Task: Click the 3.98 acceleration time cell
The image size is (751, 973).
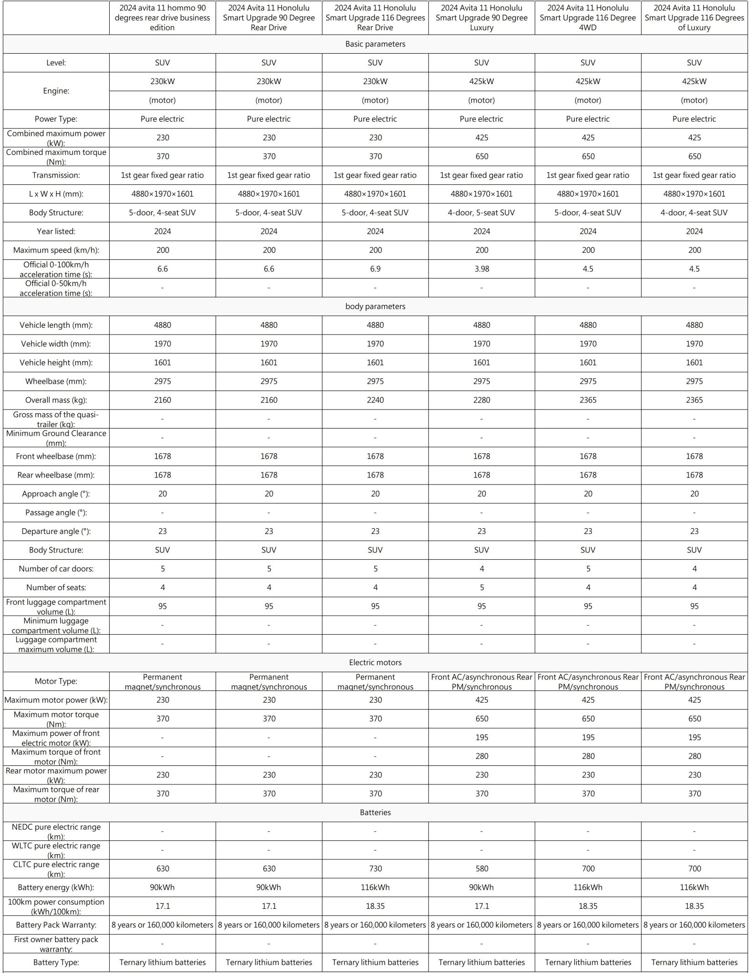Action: coord(481,269)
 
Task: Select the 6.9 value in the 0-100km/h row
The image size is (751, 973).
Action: coord(375,269)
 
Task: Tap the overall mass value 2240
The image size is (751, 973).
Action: coord(375,400)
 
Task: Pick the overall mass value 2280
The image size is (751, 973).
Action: coord(481,400)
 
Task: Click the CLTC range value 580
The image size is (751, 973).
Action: coord(481,868)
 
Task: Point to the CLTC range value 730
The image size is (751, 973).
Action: coord(375,868)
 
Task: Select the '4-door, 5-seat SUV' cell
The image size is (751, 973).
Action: coord(481,213)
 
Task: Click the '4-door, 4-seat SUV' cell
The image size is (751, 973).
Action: coord(694,213)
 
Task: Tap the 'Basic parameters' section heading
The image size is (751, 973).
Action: coord(375,44)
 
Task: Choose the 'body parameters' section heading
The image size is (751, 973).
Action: coord(375,306)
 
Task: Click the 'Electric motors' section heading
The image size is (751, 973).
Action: coord(375,662)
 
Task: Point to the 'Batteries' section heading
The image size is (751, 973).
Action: coord(375,812)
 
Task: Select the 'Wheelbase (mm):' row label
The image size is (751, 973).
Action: coord(56,382)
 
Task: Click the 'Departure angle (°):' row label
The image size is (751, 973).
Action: coord(56,531)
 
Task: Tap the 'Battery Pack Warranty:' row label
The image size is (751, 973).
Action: coord(56,925)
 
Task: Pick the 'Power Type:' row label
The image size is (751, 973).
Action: coord(56,119)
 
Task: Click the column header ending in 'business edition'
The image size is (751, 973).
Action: coord(162,18)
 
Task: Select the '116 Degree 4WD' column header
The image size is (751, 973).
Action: coord(588,18)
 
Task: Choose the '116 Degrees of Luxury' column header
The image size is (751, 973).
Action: coord(694,18)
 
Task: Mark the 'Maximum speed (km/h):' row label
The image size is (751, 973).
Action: coord(56,250)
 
